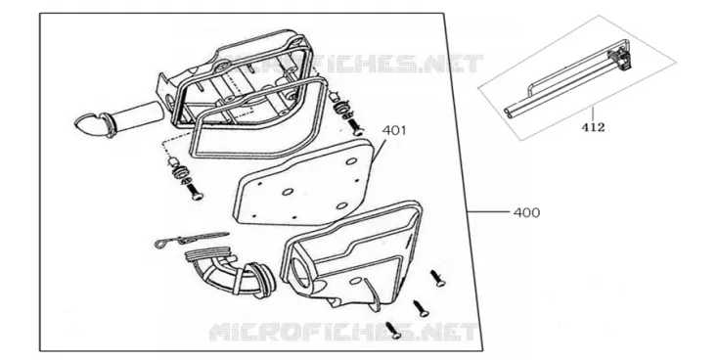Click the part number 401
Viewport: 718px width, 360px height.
point(394,130)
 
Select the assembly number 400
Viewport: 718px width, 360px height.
point(526,212)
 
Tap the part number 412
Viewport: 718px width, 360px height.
point(593,127)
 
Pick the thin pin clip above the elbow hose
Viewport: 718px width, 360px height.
point(192,239)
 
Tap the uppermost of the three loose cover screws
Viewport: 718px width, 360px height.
point(437,279)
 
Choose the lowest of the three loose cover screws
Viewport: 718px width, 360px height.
point(394,331)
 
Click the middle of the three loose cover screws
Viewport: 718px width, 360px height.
point(421,309)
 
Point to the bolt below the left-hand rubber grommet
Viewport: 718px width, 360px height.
point(195,192)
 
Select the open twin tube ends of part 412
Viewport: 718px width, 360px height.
point(510,112)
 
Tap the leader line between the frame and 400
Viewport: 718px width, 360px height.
point(488,212)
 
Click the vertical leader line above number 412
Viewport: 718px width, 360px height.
point(593,112)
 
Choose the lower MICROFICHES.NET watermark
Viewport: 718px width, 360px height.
point(343,332)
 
